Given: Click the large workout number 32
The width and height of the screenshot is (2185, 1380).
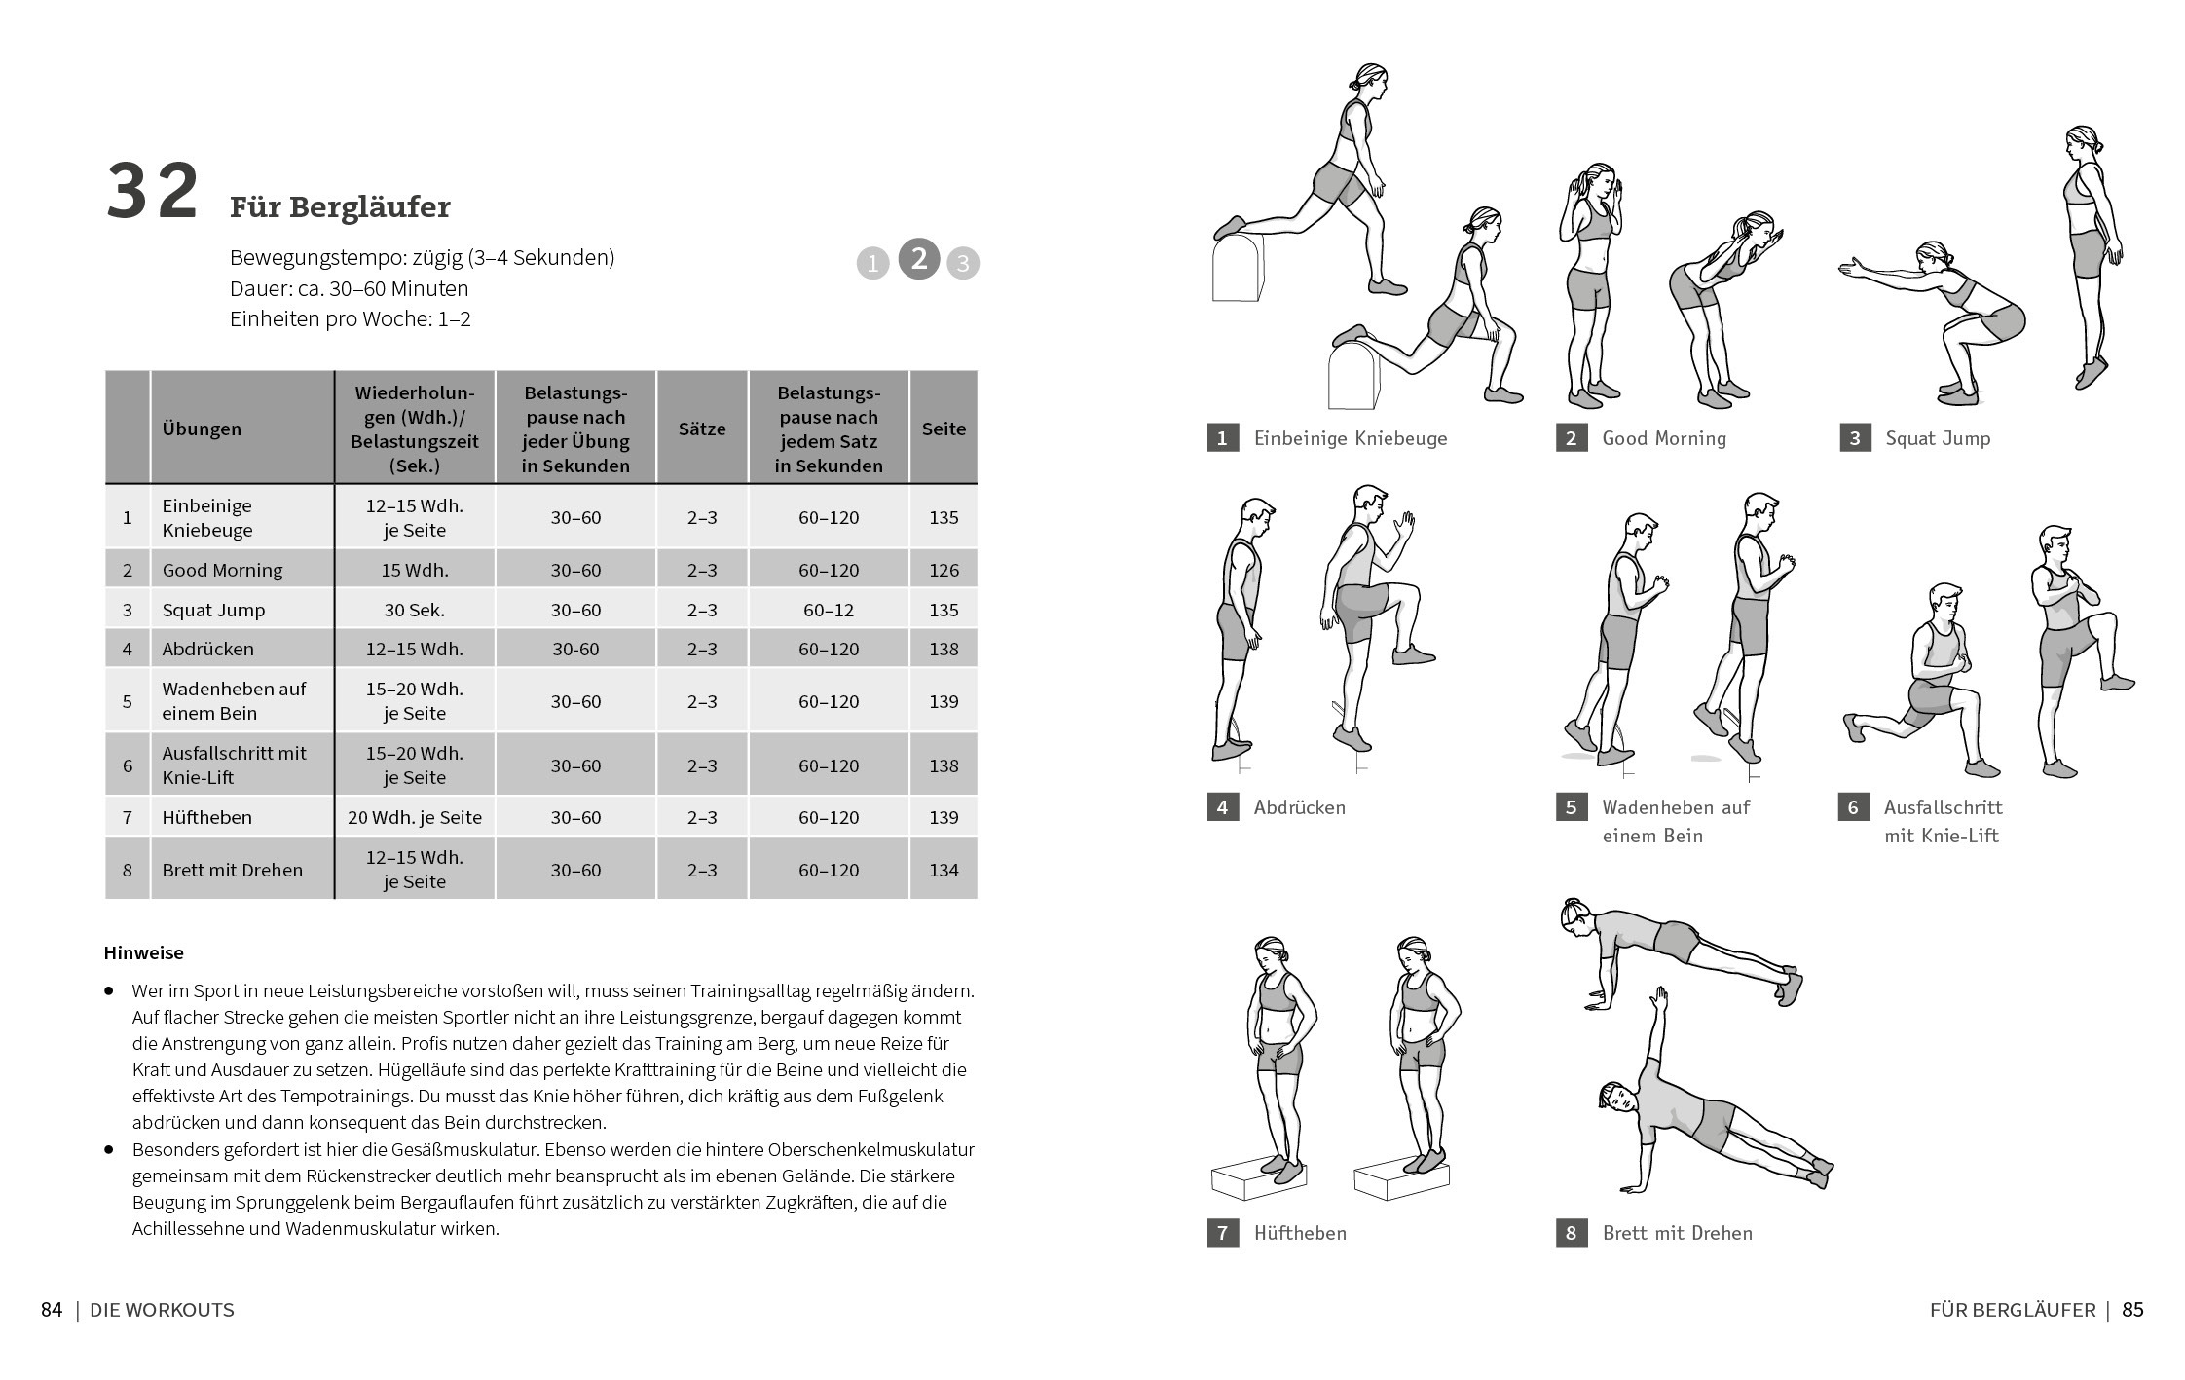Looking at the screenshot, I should (x=152, y=193).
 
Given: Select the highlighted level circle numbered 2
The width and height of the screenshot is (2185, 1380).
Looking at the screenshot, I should (x=918, y=259).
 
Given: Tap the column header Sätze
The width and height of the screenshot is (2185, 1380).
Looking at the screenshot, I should (x=702, y=429).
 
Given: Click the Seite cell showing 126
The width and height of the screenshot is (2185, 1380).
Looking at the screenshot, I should (x=944, y=570).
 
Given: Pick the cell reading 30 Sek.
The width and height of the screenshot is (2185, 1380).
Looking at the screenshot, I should (x=414, y=610).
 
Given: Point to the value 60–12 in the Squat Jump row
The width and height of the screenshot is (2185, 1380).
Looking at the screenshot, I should (x=829, y=610).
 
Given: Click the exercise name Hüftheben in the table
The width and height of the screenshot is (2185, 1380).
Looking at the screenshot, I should (x=206, y=817).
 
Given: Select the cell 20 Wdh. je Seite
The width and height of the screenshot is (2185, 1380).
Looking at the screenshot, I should (x=414, y=817).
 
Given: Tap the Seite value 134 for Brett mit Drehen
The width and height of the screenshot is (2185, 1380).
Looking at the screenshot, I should (x=944, y=870).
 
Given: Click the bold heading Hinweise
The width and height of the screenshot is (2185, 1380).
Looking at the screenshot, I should (x=143, y=952).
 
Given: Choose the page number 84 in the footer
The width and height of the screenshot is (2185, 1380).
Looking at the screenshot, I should (x=52, y=1310).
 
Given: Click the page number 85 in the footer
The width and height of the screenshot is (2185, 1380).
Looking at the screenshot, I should (x=2132, y=1310).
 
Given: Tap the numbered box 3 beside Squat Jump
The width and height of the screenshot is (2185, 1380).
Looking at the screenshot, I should (x=1855, y=438).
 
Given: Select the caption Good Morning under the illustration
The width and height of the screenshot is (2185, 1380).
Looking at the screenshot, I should (x=1664, y=438).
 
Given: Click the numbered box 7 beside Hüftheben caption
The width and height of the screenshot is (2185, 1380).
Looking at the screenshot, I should (x=1222, y=1233).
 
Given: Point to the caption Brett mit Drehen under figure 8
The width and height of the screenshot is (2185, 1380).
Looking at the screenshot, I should (x=1677, y=1233).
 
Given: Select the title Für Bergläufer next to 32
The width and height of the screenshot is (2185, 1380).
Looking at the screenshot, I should (x=340, y=207).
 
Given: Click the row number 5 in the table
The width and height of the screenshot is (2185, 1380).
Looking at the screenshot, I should (x=127, y=701).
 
